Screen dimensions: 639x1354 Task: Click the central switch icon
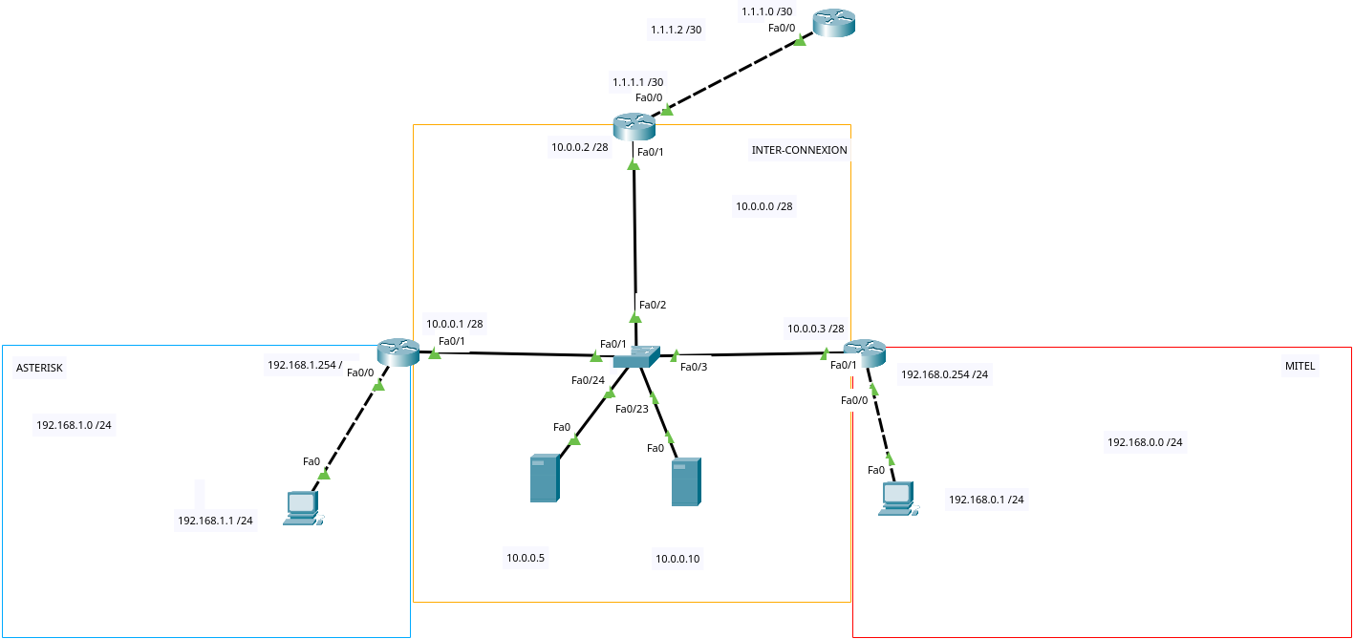(x=634, y=357)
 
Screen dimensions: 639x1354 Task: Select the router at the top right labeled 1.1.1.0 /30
(x=833, y=24)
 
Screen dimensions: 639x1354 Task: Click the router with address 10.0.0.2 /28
(x=634, y=125)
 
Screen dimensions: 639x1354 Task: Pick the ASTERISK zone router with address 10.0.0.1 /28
(x=398, y=352)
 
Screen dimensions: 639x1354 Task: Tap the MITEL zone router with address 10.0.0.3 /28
(x=864, y=352)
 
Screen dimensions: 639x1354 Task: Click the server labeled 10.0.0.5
(x=544, y=479)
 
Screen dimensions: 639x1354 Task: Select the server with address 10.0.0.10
(x=685, y=481)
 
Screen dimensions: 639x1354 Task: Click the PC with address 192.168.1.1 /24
(x=302, y=507)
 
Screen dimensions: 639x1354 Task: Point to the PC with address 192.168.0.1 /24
(x=897, y=499)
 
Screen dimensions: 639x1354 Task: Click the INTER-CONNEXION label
(x=799, y=150)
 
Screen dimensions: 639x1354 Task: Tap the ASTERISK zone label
(x=39, y=368)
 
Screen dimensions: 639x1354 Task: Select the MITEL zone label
(x=1300, y=366)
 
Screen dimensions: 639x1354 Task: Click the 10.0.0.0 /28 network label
(x=763, y=206)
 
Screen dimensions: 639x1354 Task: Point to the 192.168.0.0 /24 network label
(x=1145, y=442)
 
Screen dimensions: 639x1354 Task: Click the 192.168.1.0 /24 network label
(x=74, y=425)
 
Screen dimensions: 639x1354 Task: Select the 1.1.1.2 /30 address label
(x=676, y=30)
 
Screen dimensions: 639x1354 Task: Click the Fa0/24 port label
(x=588, y=380)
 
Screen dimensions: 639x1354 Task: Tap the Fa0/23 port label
(x=632, y=409)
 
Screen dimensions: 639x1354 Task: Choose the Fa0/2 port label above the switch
(x=653, y=305)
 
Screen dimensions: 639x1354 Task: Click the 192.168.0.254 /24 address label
(x=944, y=374)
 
